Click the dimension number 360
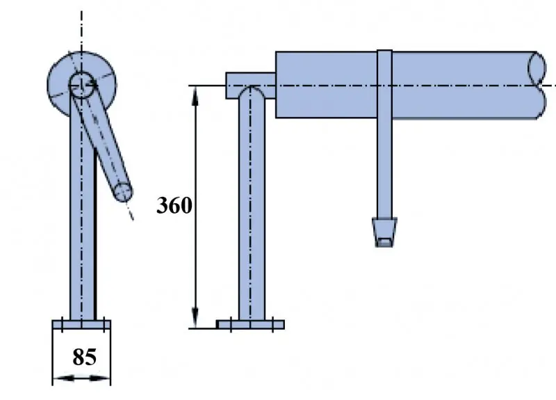pos(174,205)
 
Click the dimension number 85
pos(84,357)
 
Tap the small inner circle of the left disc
pos(81,85)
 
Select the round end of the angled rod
pos(123,192)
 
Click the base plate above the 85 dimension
pos(81,324)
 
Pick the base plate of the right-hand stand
pos(250,324)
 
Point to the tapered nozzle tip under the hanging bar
pos(384,232)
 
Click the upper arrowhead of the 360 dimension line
pos(195,96)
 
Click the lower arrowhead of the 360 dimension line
pos(195,319)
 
